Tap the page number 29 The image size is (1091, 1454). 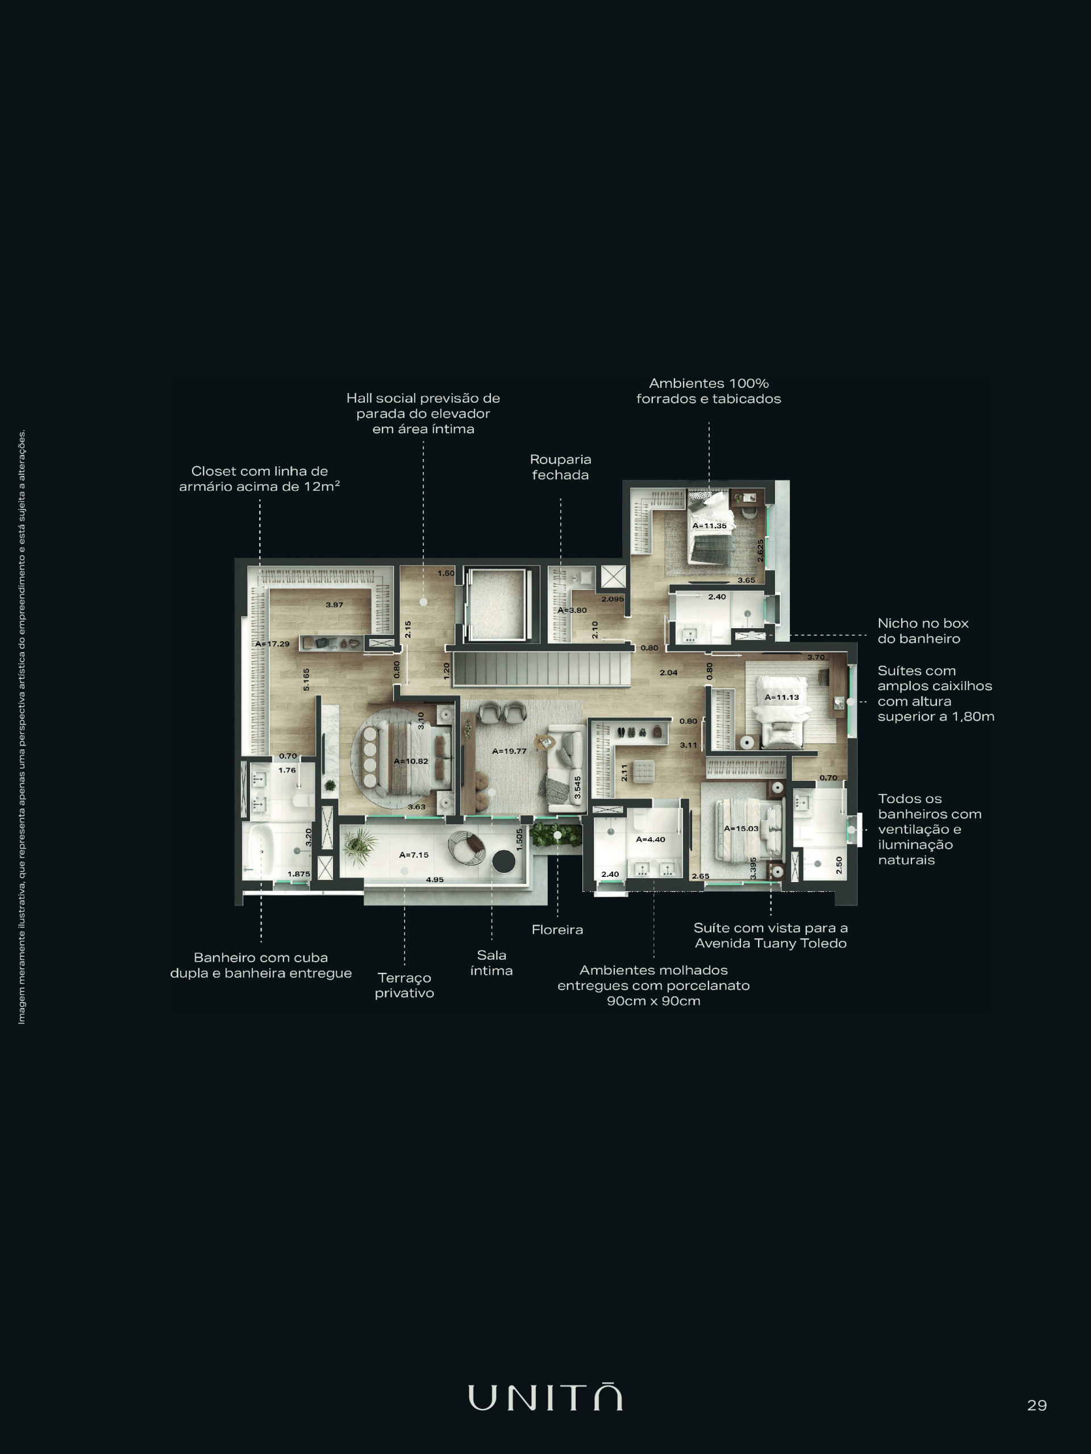(x=1037, y=1405)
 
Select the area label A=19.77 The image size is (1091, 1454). (x=509, y=751)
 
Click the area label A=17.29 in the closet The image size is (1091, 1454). (x=272, y=644)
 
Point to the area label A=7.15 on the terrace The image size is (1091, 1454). (x=414, y=855)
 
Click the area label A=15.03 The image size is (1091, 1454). (x=741, y=828)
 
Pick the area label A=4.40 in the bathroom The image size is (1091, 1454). (x=651, y=839)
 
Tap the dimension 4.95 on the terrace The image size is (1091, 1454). (x=435, y=879)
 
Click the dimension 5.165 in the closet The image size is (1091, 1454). (x=306, y=680)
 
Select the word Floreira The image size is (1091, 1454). (x=557, y=929)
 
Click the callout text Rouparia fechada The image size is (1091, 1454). (x=560, y=467)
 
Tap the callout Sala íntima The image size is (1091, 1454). (x=492, y=962)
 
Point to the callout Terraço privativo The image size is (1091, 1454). (x=405, y=985)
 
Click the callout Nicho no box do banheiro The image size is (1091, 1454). (x=923, y=630)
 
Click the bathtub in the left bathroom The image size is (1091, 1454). (x=259, y=851)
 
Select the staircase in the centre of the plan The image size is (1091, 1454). (x=543, y=668)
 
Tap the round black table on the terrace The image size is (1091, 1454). (x=505, y=861)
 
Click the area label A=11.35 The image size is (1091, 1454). (x=709, y=526)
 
